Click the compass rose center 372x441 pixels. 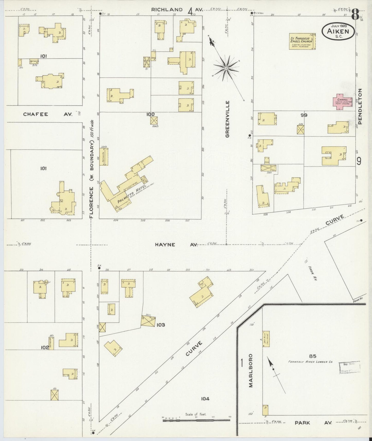pyautogui.click(x=226, y=68)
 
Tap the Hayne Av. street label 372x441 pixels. pyautogui.click(x=176, y=245)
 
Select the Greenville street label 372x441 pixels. pyautogui.click(x=228, y=119)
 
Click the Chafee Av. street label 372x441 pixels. pyautogui.click(x=48, y=114)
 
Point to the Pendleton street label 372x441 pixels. pyautogui.click(x=360, y=106)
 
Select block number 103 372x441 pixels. pyautogui.click(x=161, y=325)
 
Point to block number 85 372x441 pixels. pyautogui.click(x=313, y=356)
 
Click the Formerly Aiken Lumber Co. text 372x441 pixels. pyautogui.click(x=310, y=362)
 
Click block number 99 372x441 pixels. pyautogui.click(x=304, y=115)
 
